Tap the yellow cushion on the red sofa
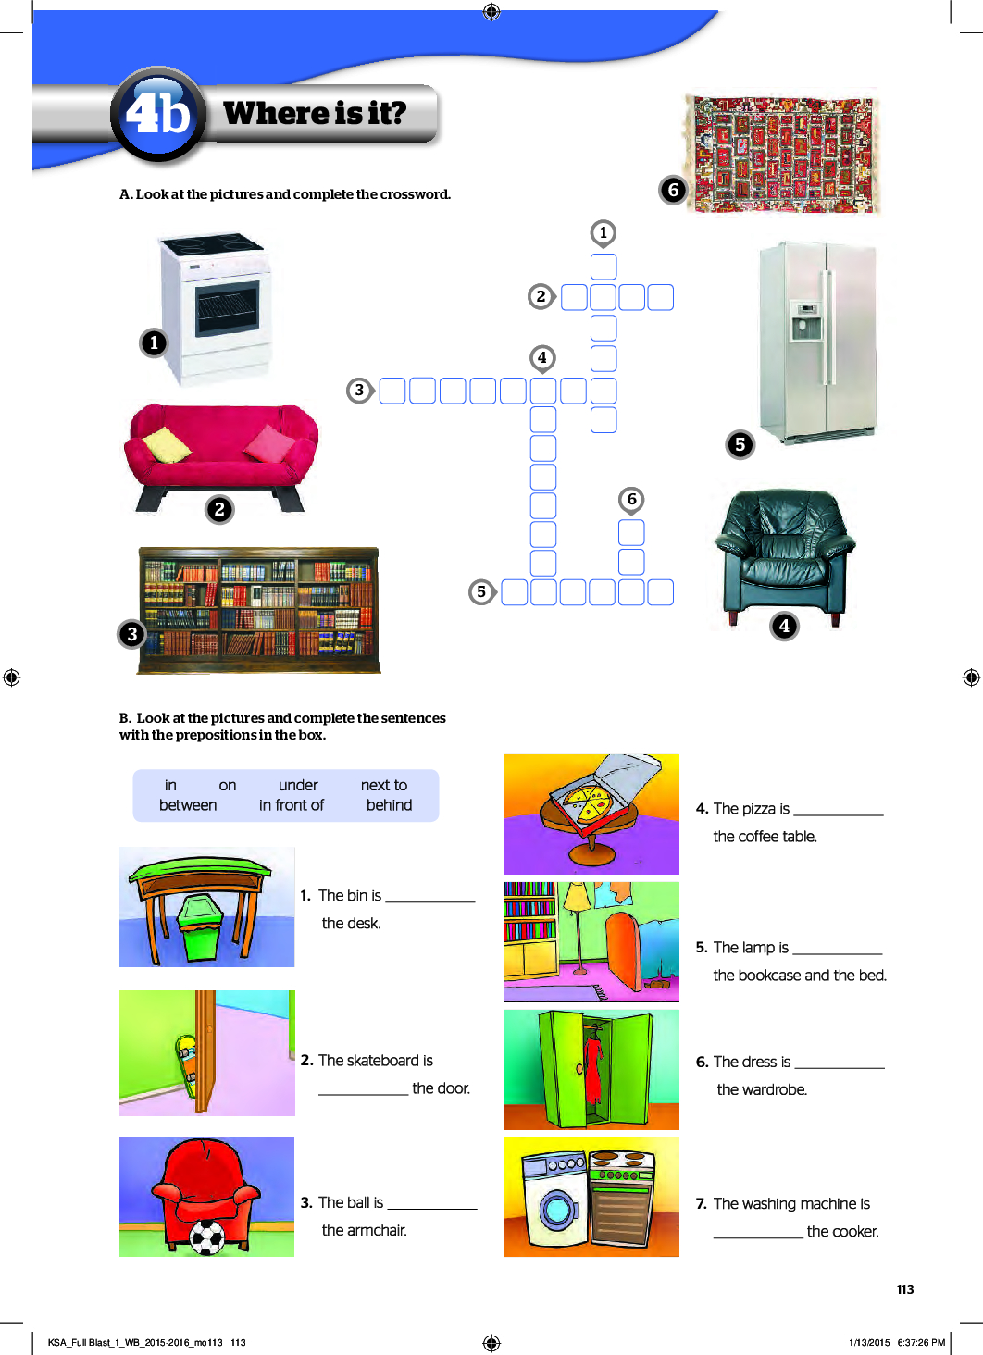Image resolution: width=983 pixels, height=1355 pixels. (167, 444)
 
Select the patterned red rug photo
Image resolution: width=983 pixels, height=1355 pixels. (782, 153)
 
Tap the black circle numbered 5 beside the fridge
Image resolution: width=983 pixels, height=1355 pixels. (740, 444)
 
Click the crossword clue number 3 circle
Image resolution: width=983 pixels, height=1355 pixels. (359, 390)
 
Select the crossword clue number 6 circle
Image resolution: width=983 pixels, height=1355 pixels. (631, 500)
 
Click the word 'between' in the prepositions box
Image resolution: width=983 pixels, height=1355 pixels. (188, 805)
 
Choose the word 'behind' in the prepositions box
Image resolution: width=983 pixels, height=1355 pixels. (389, 805)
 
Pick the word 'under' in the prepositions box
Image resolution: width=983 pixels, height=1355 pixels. (298, 785)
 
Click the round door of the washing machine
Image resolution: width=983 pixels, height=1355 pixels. (558, 1209)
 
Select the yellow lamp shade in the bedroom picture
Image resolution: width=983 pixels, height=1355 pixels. (577, 897)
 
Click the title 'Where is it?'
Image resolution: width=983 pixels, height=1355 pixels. (315, 113)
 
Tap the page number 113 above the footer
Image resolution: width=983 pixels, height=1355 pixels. (904, 1289)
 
